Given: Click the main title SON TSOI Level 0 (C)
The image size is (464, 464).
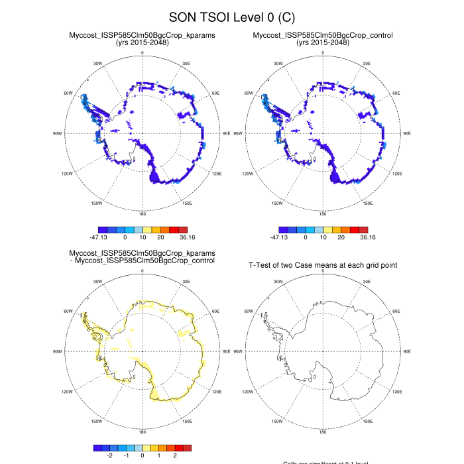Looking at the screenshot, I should [232, 16].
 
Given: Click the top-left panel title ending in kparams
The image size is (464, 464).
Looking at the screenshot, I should [142, 34].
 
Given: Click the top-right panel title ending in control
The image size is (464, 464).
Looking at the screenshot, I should [322, 34].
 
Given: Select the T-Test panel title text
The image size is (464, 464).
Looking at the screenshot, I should [323, 265].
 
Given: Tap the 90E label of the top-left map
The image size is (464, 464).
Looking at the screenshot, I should [227, 133].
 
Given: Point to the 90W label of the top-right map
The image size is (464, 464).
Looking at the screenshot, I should [237, 133].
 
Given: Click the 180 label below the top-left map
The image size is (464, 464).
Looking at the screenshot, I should [142, 214].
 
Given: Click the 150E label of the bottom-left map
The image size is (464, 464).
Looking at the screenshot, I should [187, 421].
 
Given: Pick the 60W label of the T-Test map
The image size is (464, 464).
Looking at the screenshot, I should [249, 311].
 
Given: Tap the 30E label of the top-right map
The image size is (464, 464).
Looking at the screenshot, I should [367, 64].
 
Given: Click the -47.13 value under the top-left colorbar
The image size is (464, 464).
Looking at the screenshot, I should [101, 237].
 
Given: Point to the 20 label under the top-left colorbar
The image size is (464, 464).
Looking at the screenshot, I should [160, 237].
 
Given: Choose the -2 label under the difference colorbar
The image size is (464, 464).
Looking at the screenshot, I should [109, 455].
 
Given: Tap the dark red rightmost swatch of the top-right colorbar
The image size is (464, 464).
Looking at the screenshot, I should [372, 229].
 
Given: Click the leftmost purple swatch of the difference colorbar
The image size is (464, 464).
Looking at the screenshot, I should [97, 447].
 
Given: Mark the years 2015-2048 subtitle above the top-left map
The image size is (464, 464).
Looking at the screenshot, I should [142, 42].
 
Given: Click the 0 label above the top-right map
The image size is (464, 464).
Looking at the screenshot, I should [323, 52].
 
